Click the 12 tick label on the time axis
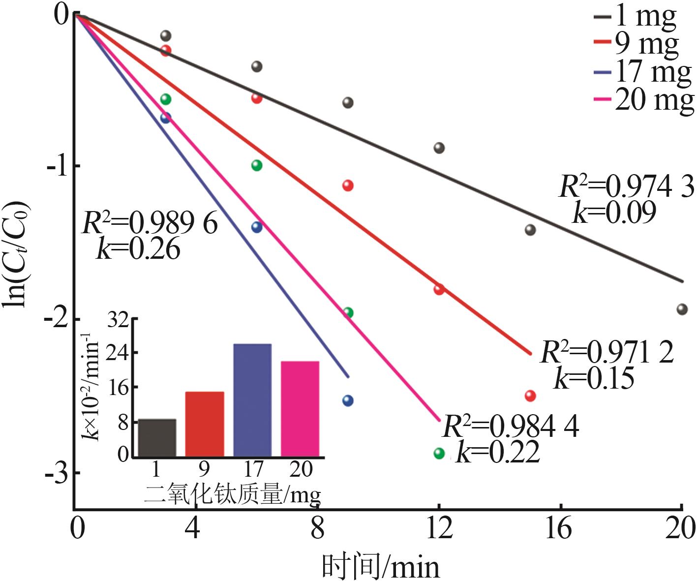[438, 529]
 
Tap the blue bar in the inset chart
[252, 400]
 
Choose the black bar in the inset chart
[157, 437]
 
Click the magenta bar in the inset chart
[300, 409]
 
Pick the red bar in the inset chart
[205, 424]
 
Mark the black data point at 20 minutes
[681, 309]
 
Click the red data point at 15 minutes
[530, 396]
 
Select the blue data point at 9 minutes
[348, 400]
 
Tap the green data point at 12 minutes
[439, 453]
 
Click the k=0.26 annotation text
[139, 249]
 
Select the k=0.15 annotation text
[594, 379]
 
